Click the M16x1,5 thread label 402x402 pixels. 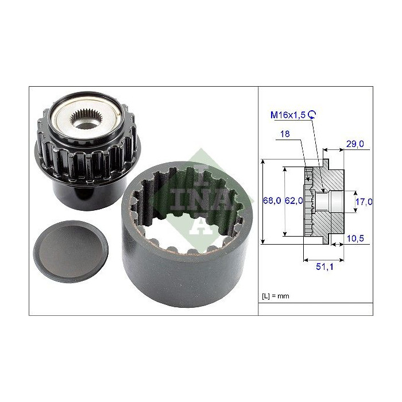[x=288, y=115]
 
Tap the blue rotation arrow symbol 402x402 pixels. [x=312, y=115]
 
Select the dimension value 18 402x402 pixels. [x=285, y=134]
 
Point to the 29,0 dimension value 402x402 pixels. [x=355, y=144]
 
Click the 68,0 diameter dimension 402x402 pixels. [x=272, y=200]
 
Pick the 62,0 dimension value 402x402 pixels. [x=294, y=200]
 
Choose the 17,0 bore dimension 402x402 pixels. [x=364, y=202]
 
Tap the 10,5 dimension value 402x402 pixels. [x=355, y=238]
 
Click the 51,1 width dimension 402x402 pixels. [x=324, y=266]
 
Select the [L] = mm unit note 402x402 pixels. [x=275, y=296]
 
